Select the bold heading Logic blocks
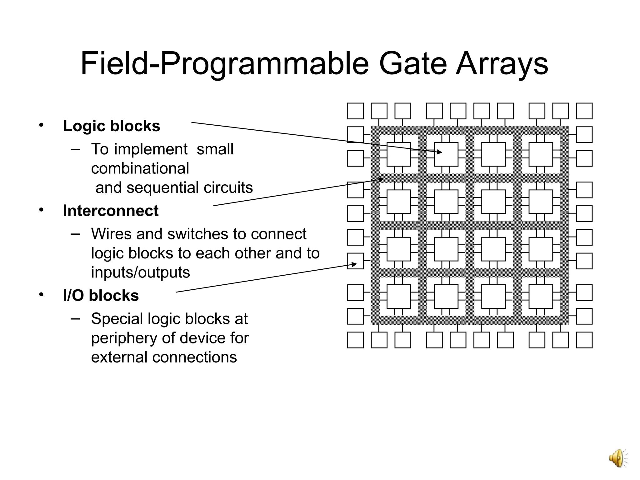pyautogui.click(x=112, y=126)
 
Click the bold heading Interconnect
pyautogui.click(x=111, y=211)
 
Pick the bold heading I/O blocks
pyautogui.click(x=101, y=295)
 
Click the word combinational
pyautogui.click(x=140, y=168)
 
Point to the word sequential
pyautogui.click(x=163, y=188)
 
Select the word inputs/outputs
pyautogui.click(x=140, y=272)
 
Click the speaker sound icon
pyautogui.click(x=617, y=458)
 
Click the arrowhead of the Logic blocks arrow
pyautogui.click(x=440, y=152)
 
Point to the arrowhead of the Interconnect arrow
pyautogui.click(x=381, y=179)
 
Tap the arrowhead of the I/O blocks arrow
pyautogui.click(x=354, y=264)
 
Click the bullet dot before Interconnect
pyautogui.click(x=41, y=210)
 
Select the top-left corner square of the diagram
pyautogui.click(x=355, y=111)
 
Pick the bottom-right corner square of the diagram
pyautogui.click(x=584, y=340)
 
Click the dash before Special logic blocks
pyautogui.click(x=75, y=318)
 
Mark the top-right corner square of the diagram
pyautogui.click(x=584, y=111)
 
